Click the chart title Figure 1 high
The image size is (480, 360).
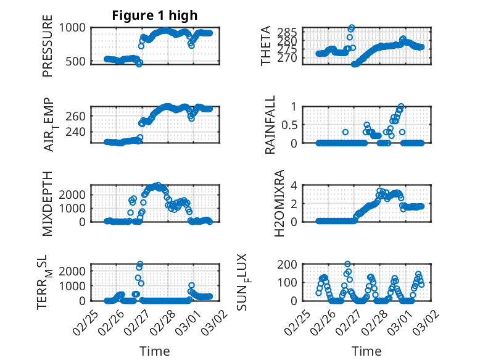pos(155,15)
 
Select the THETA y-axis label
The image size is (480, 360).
pos(266,46)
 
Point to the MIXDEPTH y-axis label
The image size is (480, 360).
pos(48,203)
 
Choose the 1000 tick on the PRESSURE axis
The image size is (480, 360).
pos(75,28)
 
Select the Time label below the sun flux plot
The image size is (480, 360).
pos(366,351)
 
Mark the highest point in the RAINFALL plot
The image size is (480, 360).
pos(401,106)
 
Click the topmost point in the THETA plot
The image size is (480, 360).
pos(352,28)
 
